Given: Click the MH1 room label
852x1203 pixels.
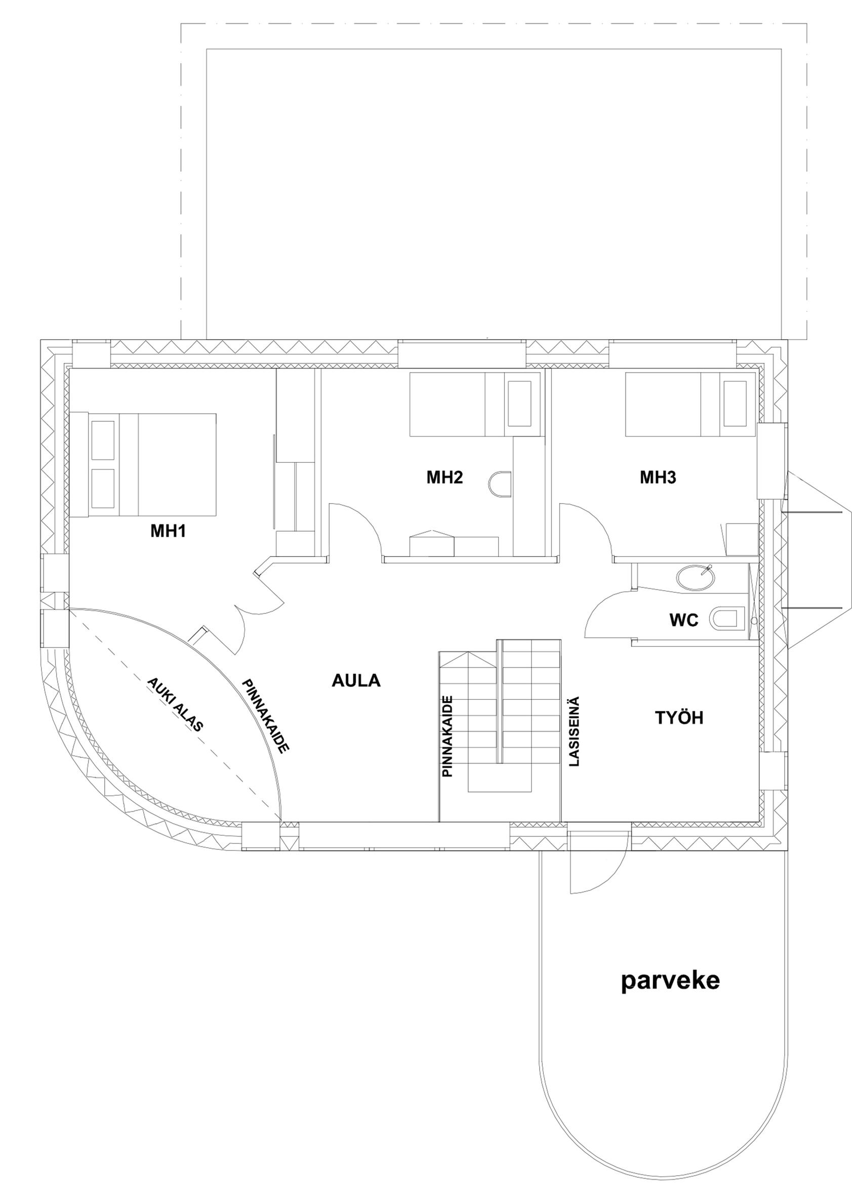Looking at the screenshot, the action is point(169,532).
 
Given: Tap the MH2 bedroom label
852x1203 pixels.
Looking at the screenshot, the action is point(444,477).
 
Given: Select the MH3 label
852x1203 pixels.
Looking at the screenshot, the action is point(658,477).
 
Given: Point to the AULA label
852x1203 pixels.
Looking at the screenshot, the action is point(356,680).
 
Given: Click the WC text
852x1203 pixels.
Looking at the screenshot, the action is point(683,621).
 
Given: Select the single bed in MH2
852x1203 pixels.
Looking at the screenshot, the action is point(475,404).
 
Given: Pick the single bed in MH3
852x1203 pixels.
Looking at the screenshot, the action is point(691,404).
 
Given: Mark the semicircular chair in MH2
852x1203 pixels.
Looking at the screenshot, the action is point(500,483).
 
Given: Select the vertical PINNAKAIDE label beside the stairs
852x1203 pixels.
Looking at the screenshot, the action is point(448,736).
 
